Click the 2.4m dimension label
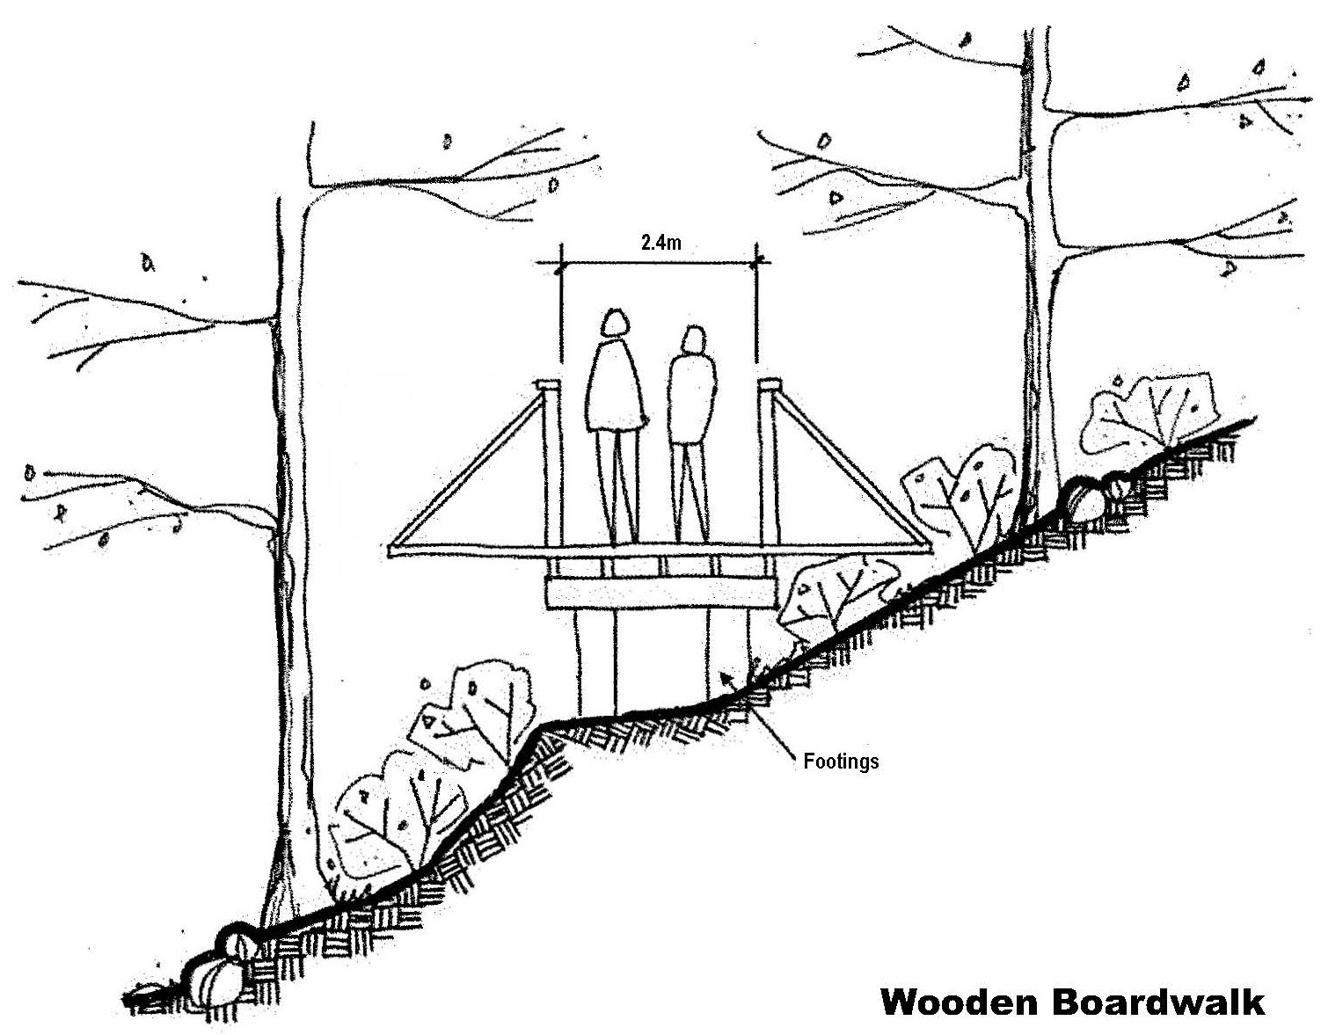(660, 244)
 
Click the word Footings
(841, 761)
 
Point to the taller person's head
(616, 324)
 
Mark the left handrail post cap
(546, 384)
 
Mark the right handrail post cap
(770, 384)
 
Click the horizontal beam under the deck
(660, 593)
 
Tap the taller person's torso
(616, 387)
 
